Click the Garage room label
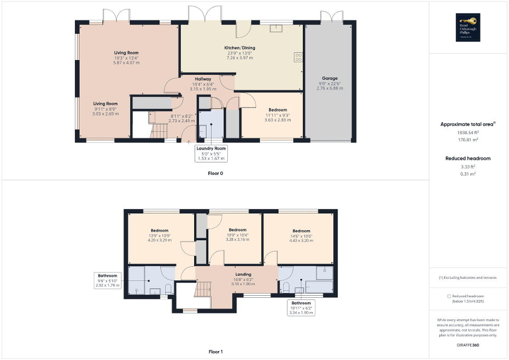pos(330,79)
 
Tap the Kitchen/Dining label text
pos(239,47)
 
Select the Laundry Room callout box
pos(211,153)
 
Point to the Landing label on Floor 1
pos(243,274)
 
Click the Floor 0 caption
pos(215,173)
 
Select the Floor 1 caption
pos(215,352)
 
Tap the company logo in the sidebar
pos(468,27)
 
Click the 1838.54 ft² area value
pos(468,133)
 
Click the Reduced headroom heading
pos(468,158)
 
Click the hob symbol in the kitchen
pos(297,57)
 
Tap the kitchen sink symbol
pos(276,28)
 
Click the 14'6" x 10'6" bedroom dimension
pos(301,236)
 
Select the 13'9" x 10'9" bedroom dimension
pos(160,236)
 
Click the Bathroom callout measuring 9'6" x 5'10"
pos(107,280)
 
